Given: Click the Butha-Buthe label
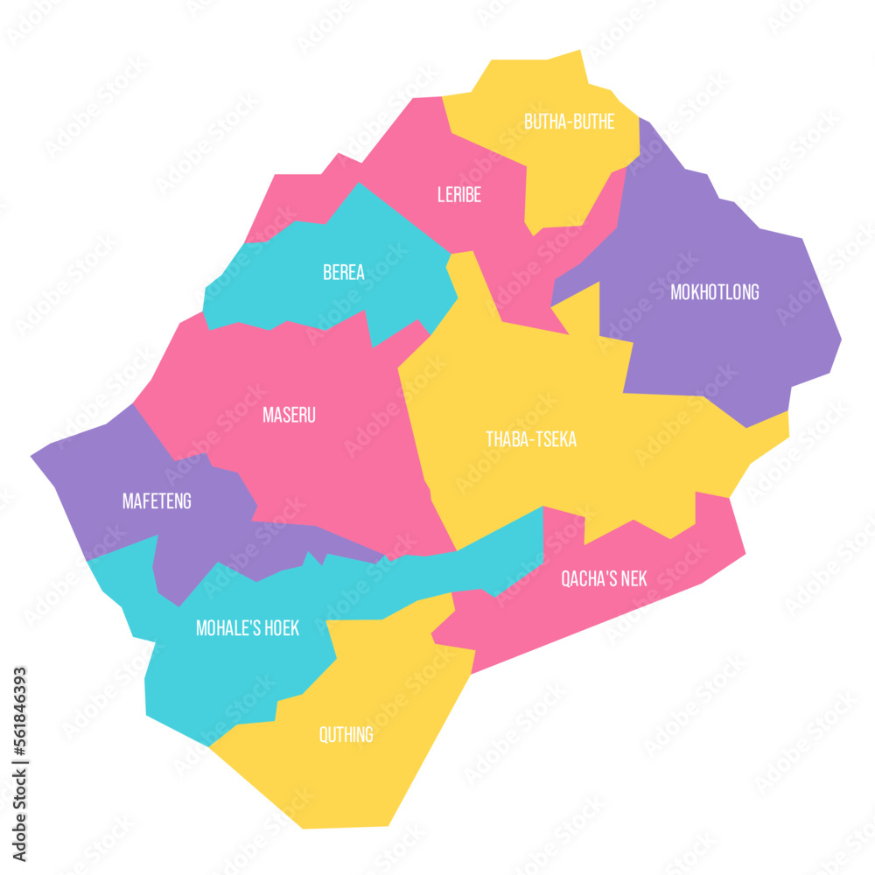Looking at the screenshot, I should pyautogui.click(x=569, y=122).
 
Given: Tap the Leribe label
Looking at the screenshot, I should pyautogui.click(x=459, y=195).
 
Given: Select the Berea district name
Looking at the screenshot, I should pyautogui.click(x=344, y=272).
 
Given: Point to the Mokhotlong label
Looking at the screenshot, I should pyautogui.click(x=714, y=292).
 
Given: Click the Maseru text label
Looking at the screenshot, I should pyautogui.click(x=289, y=415).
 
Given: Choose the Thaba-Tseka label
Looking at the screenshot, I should pyautogui.click(x=531, y=439).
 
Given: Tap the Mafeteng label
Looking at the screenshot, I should pyautogui.click(x=157, y=501).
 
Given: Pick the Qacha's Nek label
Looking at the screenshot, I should pyautogui.click(x=604, y=578).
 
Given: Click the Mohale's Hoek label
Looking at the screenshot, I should pyautogui.click(x=248, y=628).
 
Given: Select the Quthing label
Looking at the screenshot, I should pyautogui.click(x=346, y=735).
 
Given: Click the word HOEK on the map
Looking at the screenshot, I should pyautogui.click(x=279, y=628).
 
